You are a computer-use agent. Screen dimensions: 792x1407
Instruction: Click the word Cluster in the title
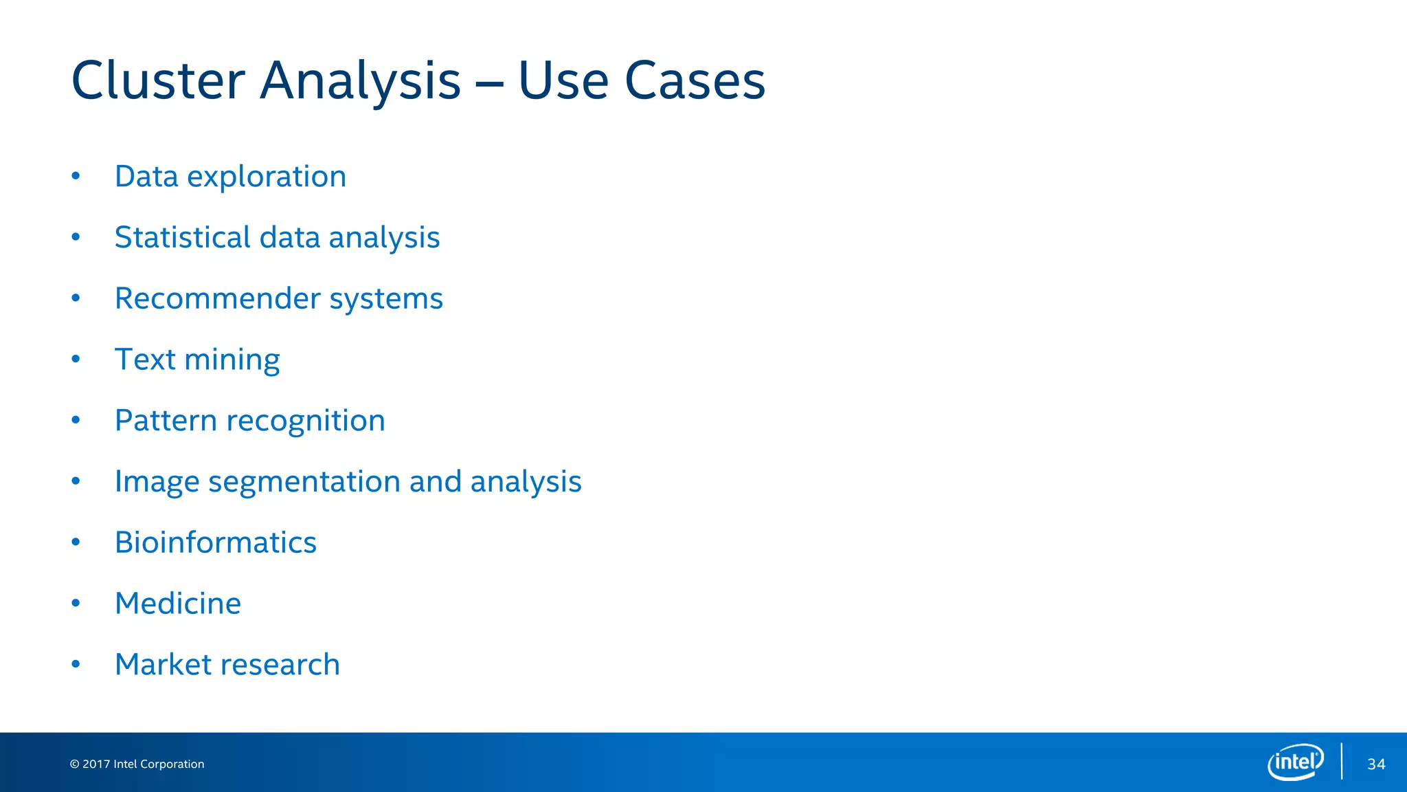[158, 80]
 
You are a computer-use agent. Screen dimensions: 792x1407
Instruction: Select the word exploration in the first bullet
[267, 177]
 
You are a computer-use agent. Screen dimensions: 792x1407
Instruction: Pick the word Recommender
[218, 298]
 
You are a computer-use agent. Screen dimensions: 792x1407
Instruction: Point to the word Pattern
[166, 421]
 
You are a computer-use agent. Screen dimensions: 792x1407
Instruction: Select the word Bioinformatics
[216, 542]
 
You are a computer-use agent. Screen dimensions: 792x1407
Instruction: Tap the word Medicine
[178, 604]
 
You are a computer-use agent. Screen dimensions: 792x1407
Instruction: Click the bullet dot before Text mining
[76, 359]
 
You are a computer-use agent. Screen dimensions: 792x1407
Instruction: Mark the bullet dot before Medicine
[76, 603]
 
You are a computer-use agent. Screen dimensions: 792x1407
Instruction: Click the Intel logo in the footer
[1296, 762]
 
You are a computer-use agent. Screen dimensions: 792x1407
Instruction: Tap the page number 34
[1376, 764]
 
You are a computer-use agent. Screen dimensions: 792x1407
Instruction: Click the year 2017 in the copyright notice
[96, 764]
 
